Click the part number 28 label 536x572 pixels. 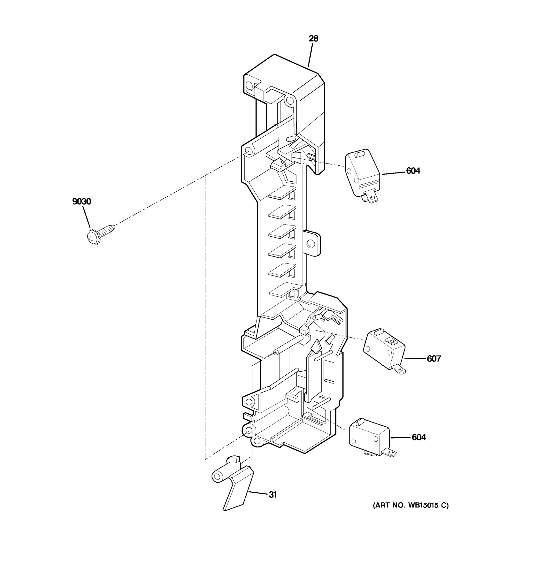click(314, 39)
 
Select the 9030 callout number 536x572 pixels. click(82, 201)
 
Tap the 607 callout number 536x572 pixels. click(434, 358)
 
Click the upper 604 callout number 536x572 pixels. click(413, 171)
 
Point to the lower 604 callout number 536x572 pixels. click(419, 437)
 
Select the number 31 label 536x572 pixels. click(273, 495)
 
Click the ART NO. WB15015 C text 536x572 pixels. click(411, 505)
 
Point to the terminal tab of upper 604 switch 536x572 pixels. click(372, 198)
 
